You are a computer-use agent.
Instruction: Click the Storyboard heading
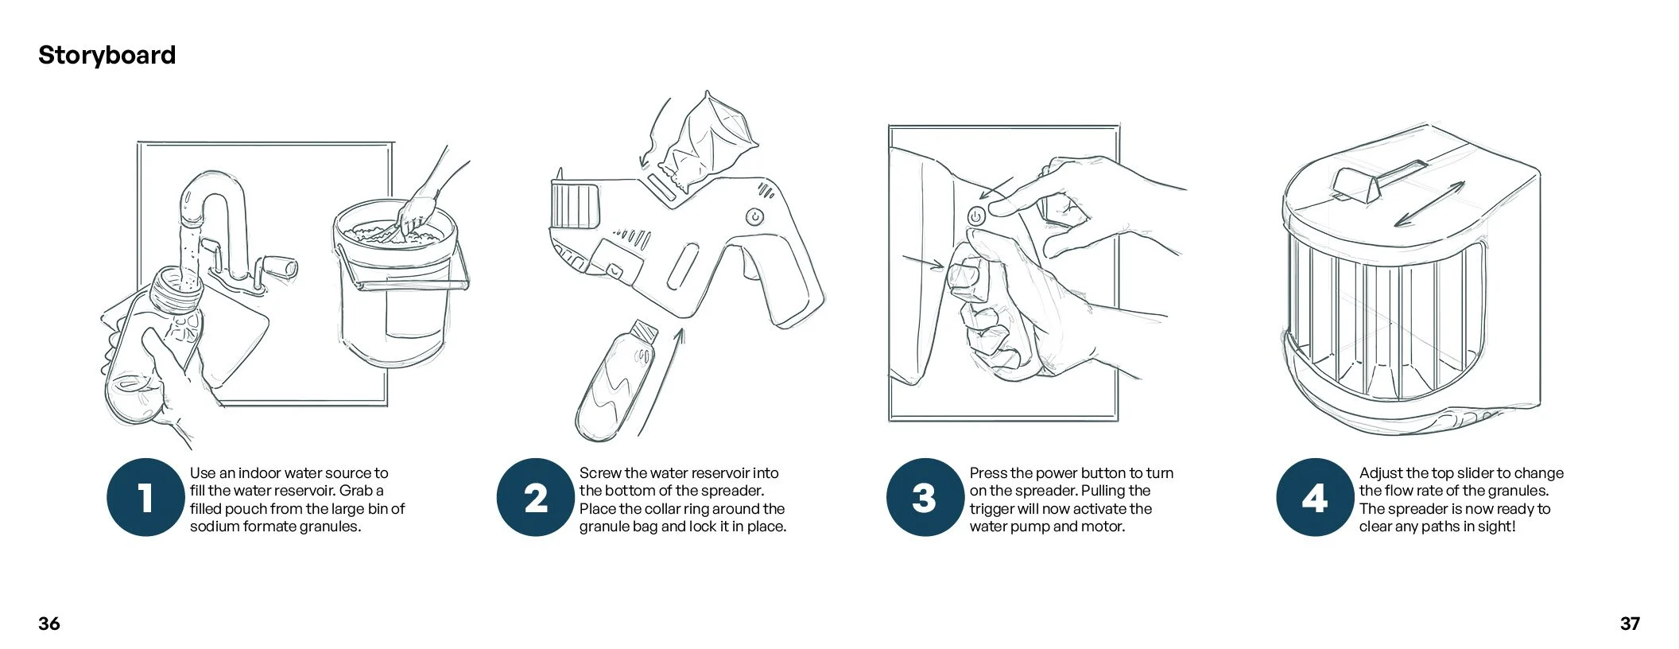[x=107, y=55]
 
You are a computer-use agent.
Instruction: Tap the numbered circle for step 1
[x=145, y=498]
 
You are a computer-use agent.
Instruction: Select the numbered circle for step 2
[x=536, y=498]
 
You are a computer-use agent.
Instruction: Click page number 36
[x=49, y=624]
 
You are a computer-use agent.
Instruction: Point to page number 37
[x=1630, y=624]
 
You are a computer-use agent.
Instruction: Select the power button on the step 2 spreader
[x=754, y=217]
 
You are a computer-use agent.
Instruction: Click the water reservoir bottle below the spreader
[x=616, y=382]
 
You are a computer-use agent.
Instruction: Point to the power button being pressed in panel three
[x=976, y=216]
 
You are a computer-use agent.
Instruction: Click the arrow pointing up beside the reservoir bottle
[x=660, y=382]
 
